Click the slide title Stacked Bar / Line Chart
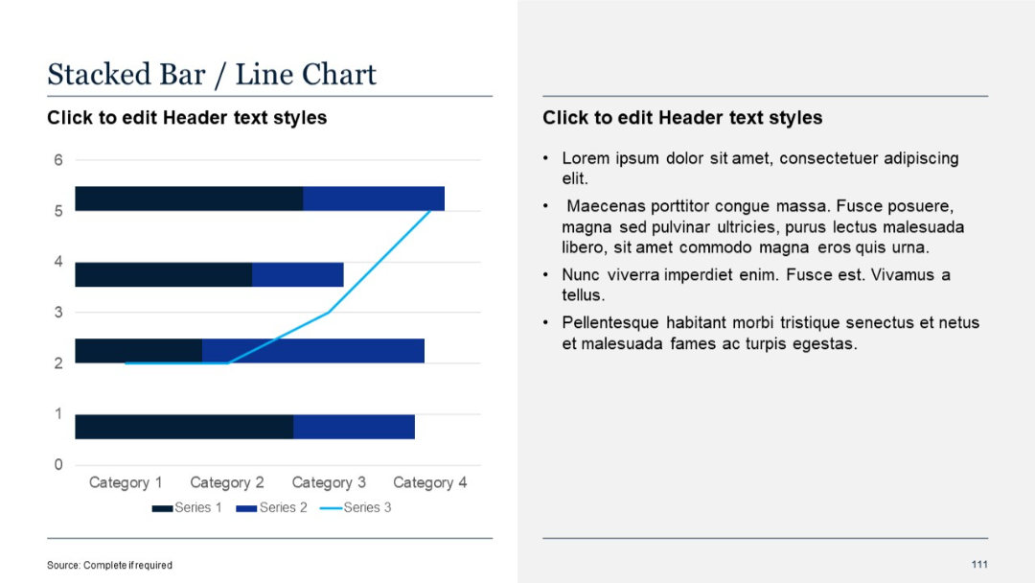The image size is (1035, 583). point(212,75)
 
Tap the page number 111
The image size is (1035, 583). point(978,564)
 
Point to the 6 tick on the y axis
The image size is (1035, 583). point(58,160)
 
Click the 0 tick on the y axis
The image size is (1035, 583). point(58,465)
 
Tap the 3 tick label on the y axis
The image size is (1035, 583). point(58,313)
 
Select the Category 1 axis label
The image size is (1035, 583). point(126,482)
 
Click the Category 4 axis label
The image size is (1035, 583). point(430,482)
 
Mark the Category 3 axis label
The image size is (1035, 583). point(329,482)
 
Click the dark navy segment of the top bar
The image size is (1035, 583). point(189,198)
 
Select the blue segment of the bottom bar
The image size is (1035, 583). point(354,427)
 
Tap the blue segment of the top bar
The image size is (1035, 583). point(374,198)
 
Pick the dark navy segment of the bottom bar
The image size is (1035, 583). point(184,427)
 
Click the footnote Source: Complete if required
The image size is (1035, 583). point(109,565)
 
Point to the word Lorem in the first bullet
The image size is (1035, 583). point(585,158)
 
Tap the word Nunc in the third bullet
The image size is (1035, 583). point(581,275)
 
